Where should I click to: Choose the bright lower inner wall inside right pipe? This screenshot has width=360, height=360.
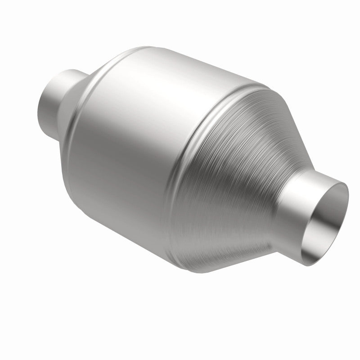point(322,238)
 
